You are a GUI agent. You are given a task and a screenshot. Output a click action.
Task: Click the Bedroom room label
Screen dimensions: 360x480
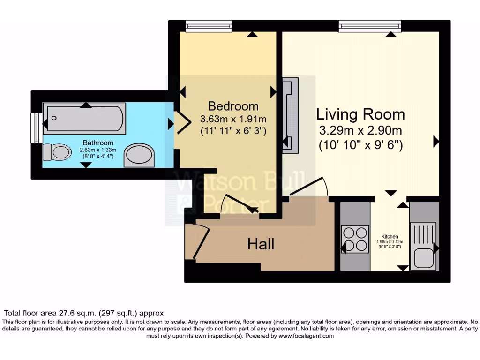pyautogui.click(x=233, y=106)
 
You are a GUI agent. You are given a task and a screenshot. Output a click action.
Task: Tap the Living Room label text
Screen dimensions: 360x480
pyautogui.click(x=360, y=114)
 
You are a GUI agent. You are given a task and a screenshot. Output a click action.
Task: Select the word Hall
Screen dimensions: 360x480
pyautogui.click(x=261, y=244)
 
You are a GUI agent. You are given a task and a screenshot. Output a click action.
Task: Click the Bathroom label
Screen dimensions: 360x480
pyautogui.click(x=98, y=142)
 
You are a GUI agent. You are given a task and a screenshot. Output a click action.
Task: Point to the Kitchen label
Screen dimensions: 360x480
pyautogui.click(x=390, y=236)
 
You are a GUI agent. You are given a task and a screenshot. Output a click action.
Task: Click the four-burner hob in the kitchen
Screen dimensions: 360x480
pyautogui.click(x=354, y=239)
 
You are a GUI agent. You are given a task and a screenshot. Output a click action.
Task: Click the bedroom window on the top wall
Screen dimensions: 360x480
pyautogui.click(x=209, y=26)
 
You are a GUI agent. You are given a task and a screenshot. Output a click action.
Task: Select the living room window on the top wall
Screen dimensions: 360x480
pyautogui.click(x=370, y=26)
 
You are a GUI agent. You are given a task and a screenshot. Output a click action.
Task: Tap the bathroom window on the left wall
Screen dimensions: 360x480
pyautogui.click(x=34, y=127)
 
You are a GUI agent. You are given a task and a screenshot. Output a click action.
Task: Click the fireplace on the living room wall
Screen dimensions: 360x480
pyautogui.click(x=289, y=115)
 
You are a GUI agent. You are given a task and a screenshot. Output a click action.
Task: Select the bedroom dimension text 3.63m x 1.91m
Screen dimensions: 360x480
pyautogui.click(x=233, y=119)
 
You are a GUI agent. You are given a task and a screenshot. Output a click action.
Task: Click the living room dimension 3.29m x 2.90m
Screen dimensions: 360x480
pyautogui.click(x=360, y=131)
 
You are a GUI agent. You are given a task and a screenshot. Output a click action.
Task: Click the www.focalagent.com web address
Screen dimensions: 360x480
pyautogui.click(x=306, y=336)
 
